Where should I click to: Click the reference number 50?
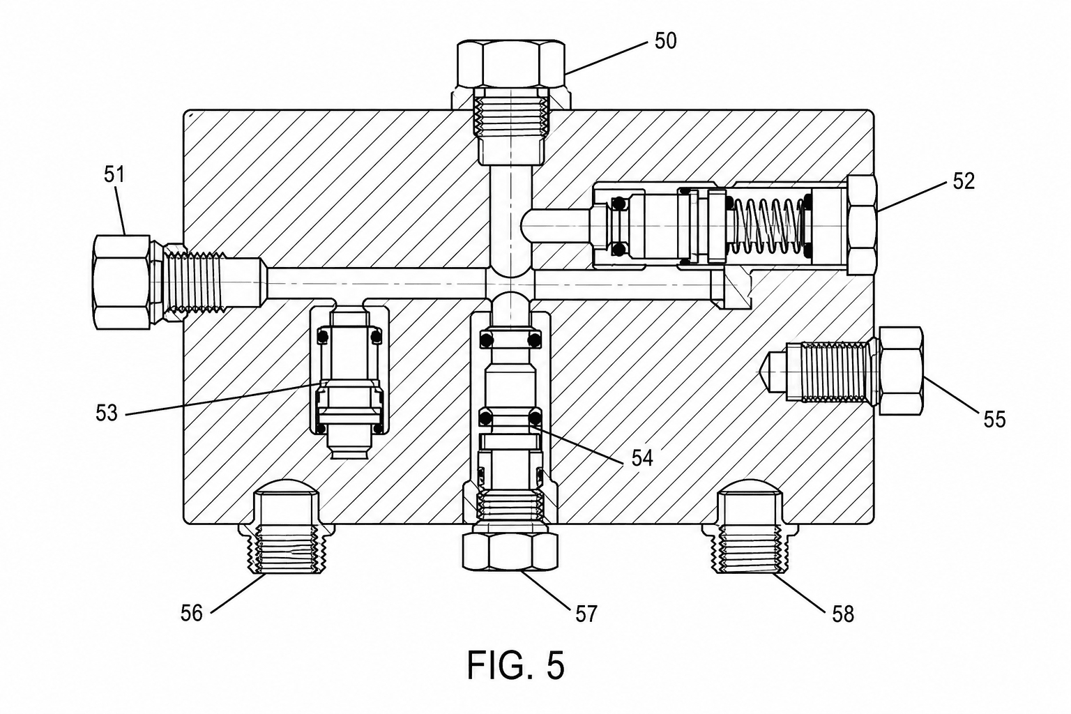pos(666,41)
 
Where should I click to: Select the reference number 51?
pos(114,175)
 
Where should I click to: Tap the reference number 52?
pos(963,181)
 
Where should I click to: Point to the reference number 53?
pos(106,413)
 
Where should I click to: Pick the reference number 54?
pos(642,458)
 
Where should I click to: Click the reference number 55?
pos(994,419)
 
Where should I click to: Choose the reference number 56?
pos(192,613)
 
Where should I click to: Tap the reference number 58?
pos(842,614)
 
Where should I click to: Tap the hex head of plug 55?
pos(901,371)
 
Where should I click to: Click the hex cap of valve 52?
pos(862,225)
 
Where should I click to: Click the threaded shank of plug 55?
pos(834,372)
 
